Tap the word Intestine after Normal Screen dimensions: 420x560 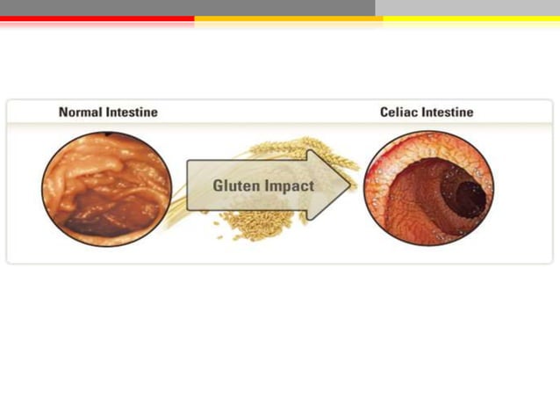tap(131, 112)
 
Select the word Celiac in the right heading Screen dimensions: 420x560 tap(400, 112)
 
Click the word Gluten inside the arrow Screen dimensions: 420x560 tap(236, 186)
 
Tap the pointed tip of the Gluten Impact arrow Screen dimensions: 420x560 tap(348, 185)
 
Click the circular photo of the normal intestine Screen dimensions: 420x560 tap(107, 188)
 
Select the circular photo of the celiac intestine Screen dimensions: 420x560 tap(428, 188)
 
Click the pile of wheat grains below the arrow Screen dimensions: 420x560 tap(255, 224)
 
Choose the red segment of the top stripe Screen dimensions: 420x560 tap(97, 18)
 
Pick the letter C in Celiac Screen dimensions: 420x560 tap(384, 112)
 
